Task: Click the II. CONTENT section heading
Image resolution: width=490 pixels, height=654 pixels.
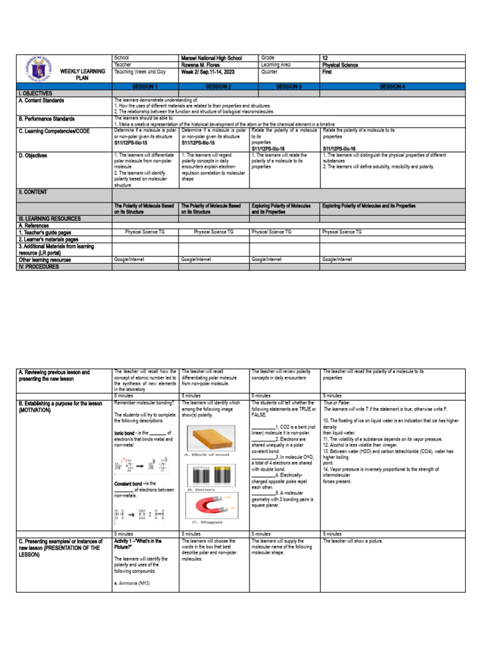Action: click(36, 192)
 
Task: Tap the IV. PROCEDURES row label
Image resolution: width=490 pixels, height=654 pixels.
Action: click(41, 266)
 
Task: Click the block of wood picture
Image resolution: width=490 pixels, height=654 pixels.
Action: click(214, 439)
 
